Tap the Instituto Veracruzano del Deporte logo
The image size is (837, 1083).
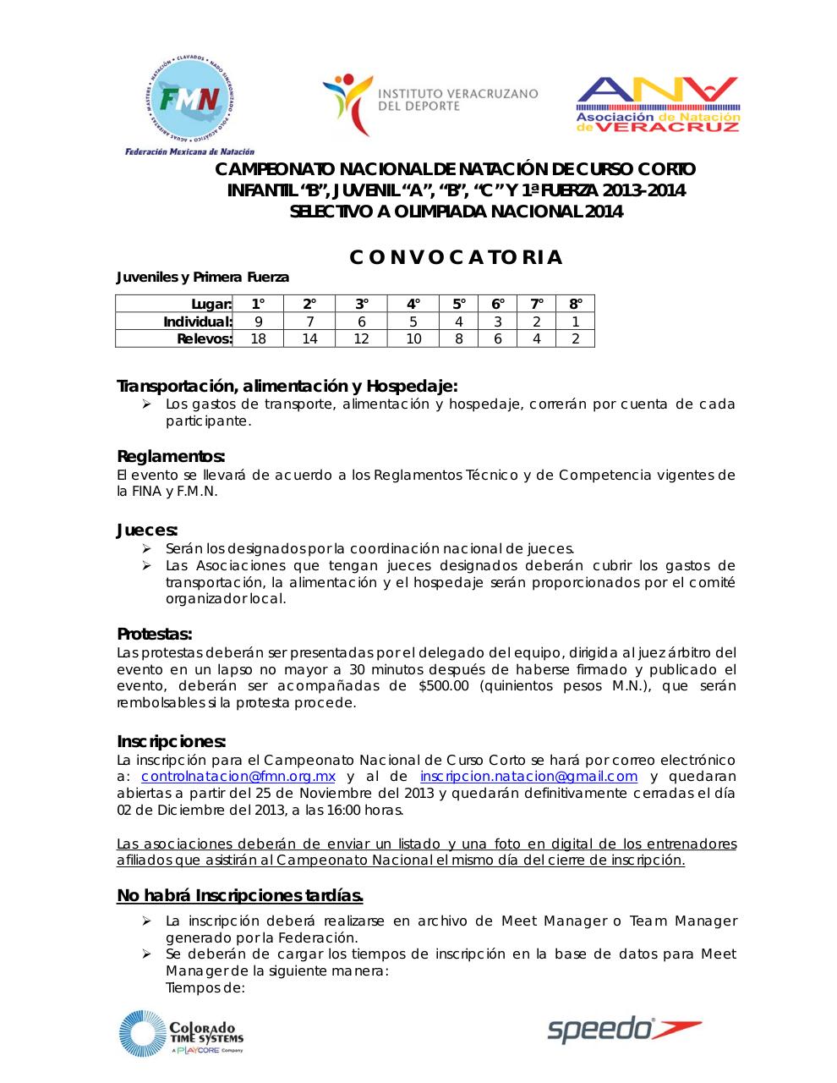(429, 105)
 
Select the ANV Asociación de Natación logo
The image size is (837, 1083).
(657, 105)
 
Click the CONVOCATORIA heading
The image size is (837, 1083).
(456, 257)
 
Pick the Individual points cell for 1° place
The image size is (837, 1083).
(258, 322)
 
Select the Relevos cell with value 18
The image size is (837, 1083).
(258, 338)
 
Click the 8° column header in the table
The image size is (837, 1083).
(575, 304)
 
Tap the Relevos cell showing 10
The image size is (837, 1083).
(413, 338)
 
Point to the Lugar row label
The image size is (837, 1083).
(211, 304)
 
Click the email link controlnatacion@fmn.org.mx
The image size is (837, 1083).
(238, 777)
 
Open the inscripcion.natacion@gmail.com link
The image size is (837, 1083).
(528, 777)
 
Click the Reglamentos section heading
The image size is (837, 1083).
(171, 457)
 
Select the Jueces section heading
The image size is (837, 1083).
(147, 531)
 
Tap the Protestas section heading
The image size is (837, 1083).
(155, 635)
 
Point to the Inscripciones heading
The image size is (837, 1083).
(171, 742)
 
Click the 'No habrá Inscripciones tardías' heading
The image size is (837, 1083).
(240, 895)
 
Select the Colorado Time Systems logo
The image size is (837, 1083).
(181, 1034)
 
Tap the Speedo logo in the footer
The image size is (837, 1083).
(625, 1029)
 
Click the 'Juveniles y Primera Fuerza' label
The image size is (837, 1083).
(203, 277)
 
